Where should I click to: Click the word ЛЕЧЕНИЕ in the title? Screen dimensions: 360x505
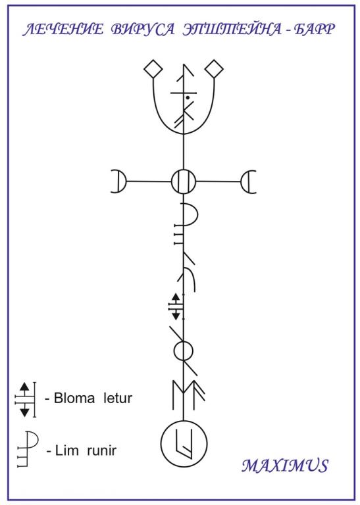click(x=63, y=30)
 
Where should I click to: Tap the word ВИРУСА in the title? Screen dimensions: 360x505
click(x=142, y=30)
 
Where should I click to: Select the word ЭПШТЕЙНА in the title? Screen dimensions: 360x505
click(x=232, y=30)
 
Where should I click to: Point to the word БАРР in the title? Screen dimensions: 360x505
click(x=314, y=30)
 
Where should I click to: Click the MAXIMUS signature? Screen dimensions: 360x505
click(x=285, y=466)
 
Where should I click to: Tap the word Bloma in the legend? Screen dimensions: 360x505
click(x=74, y=398)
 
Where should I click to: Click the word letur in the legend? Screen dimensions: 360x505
click(x=118, y=398)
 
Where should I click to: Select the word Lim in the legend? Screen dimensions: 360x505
click(x=66, y=450)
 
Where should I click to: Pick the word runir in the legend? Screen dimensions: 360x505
click(x=101, y=450)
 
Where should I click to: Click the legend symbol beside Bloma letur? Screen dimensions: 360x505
click(x=25, y=399)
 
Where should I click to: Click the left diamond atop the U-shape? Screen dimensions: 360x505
click(x=153, y=69)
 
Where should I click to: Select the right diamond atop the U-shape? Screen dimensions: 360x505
click(x=214, y=69)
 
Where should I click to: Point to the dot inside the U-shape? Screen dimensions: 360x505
click(x=188, y=97)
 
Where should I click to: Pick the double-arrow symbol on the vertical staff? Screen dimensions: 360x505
click(x=176, y=306)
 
